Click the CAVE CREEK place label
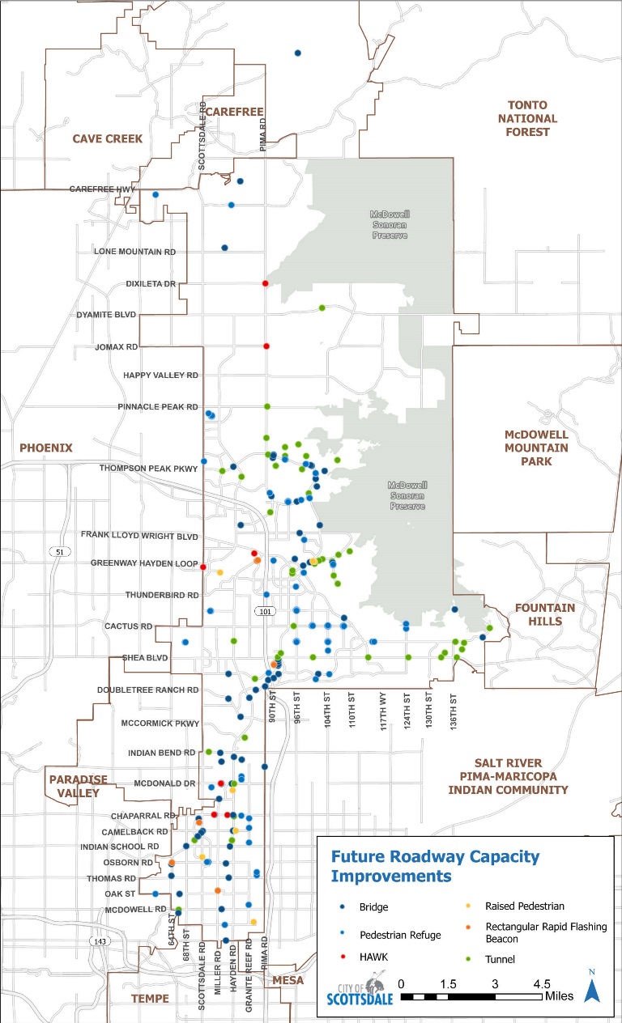[108, 138]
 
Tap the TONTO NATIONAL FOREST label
[527, 118]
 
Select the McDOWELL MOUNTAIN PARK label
[536, 448]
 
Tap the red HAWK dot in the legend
[343, 957]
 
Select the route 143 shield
[99, 941]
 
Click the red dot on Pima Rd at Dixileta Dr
[266, 283]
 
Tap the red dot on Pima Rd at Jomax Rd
[266, 346]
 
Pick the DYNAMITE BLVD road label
[106, 314]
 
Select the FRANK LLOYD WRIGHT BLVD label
[139, 535]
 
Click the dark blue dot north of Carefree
[297, 53]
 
